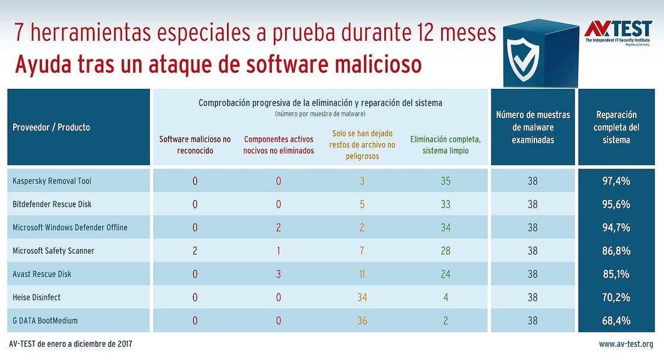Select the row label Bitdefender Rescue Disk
pos(52,204)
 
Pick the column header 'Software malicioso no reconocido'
pos(195,145)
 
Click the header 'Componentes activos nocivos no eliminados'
pos(279,145)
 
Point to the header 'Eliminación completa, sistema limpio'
pos(445,145)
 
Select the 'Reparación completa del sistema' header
pos(616,127)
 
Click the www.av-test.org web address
pos(626,344)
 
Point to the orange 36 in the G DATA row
pos(362,321)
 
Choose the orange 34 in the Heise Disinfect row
pos(362,298)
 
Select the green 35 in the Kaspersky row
pos(445,181)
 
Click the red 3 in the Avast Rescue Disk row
pos(279,274)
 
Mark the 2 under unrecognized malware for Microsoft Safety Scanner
pos(195,251)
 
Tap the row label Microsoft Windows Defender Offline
pos(70,227)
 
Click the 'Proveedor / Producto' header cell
pos(51,127)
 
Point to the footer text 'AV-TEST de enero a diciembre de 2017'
pos(71,344)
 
